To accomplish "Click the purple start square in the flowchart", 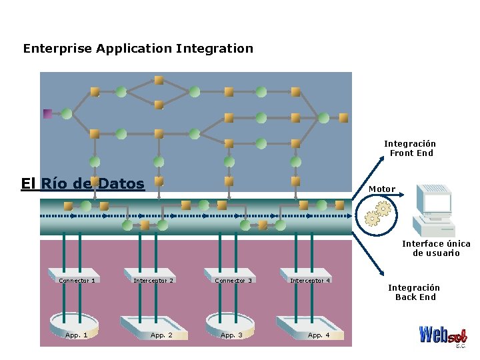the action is [x=47, y=114].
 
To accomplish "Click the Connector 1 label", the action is [x=77, y=281].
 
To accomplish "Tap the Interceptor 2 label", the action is [x=153, y=281].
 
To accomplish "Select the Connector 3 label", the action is [x=233, y=281].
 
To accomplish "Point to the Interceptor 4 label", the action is [x=310, y=281].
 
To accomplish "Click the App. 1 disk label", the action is [x=76, y=335].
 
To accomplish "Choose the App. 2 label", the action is [x=161, y=335].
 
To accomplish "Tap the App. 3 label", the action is [x=231, y=335].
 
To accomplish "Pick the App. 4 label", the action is [x=319, y=335].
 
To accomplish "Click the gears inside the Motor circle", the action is [x=378, y=214].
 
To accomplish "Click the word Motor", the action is [x=382, y=189].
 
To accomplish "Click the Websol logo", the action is [x=443, y=336].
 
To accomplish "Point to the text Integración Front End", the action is [x=410, y=149].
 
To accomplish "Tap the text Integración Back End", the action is [x=414, y=293].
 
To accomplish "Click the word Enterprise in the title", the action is [x=57, y=49].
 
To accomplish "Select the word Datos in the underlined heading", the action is [x=121, y=183].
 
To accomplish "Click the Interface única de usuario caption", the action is [x=436, y=248].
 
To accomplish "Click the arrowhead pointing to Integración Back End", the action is [x=381, y=273].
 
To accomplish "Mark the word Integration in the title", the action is [x=215, y=49].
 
